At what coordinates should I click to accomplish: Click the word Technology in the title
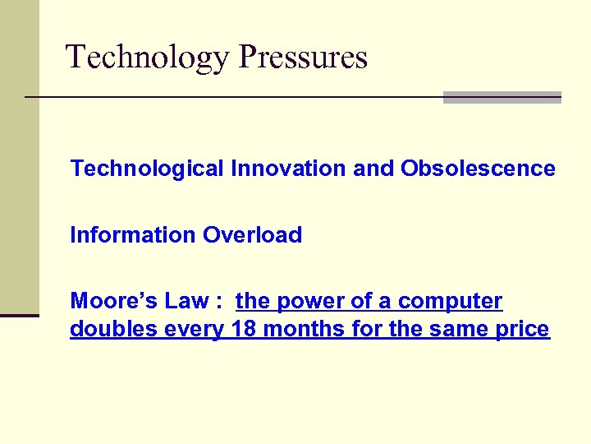[149, 58]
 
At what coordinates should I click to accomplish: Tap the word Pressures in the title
[304, 58]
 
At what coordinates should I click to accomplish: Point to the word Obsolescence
[478, 169]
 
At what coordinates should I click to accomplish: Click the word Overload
[253, 235]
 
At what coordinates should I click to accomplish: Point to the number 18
[244, 330]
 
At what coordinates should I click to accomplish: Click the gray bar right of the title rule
[502, 97]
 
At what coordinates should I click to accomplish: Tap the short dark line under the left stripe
[20, 315]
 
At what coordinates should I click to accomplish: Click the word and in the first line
[374, 169]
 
